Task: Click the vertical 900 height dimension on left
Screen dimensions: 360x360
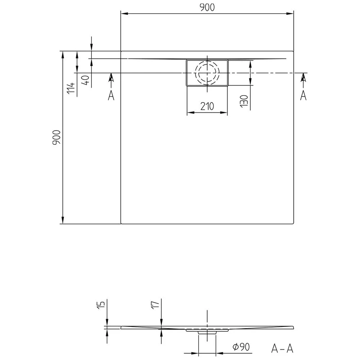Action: click(57, 138)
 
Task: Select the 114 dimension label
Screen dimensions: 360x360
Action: click(71, 88)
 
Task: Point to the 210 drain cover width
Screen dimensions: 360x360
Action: click(207, 107)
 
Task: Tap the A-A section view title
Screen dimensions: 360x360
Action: click(282, 348)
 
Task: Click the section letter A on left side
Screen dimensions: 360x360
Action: click(111, 95)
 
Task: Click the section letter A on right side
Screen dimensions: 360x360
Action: click(303, 95)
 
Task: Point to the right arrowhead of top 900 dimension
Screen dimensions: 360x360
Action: click(291, 14)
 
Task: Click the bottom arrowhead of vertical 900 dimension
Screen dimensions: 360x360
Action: click(63, 220)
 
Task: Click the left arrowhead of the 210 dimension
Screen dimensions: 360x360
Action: click(189, 113)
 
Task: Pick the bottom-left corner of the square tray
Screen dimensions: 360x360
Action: click(121, 223)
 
